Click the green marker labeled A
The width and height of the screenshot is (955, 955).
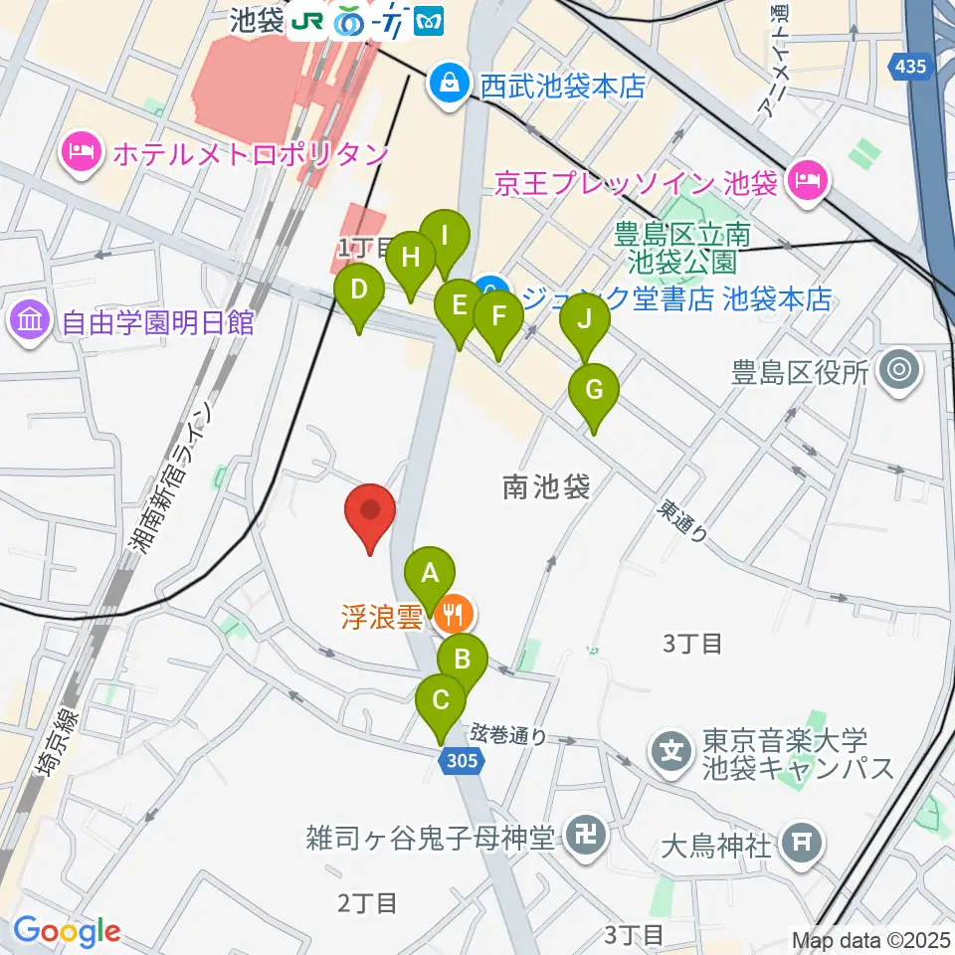coord(430,574)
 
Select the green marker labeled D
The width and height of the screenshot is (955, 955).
coord(359,292)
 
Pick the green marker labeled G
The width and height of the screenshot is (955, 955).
coord(594,391)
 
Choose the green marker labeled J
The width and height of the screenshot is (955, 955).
coord(585,321)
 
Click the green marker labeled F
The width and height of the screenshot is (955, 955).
coord(497,319)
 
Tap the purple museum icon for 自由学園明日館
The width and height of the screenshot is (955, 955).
coord(29,320)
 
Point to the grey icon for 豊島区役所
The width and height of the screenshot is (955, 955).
coord(900,371)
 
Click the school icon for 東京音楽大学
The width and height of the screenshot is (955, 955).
coord(673,748)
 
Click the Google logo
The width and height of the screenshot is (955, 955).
coord(67,932)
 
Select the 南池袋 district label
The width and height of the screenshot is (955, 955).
coord(546,486)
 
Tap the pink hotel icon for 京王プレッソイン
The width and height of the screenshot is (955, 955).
coord(804,180)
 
